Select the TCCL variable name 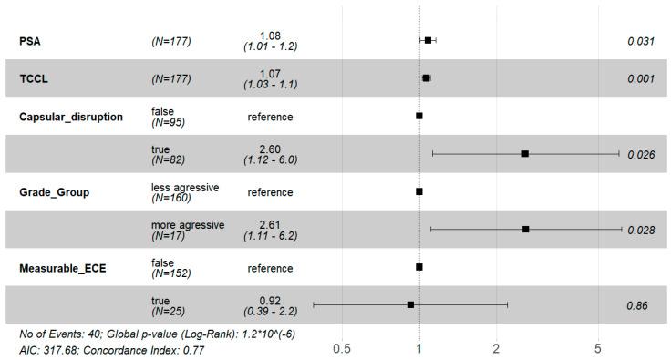(35, 79)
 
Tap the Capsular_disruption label (71, 117)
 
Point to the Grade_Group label (57, 192)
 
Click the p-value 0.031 (641, 41)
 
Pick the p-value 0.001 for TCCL (641, 79)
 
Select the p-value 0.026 (641, 155)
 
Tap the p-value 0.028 (641, 230)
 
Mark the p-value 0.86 (637, 305)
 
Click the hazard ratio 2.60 (270, 149)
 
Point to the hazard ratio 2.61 (270, 224)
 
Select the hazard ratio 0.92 (270, 300)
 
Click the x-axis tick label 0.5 (342, 347)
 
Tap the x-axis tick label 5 (598, 347)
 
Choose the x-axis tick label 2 (496, 347)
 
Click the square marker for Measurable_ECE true (410, 305)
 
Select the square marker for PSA (428, 41)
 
